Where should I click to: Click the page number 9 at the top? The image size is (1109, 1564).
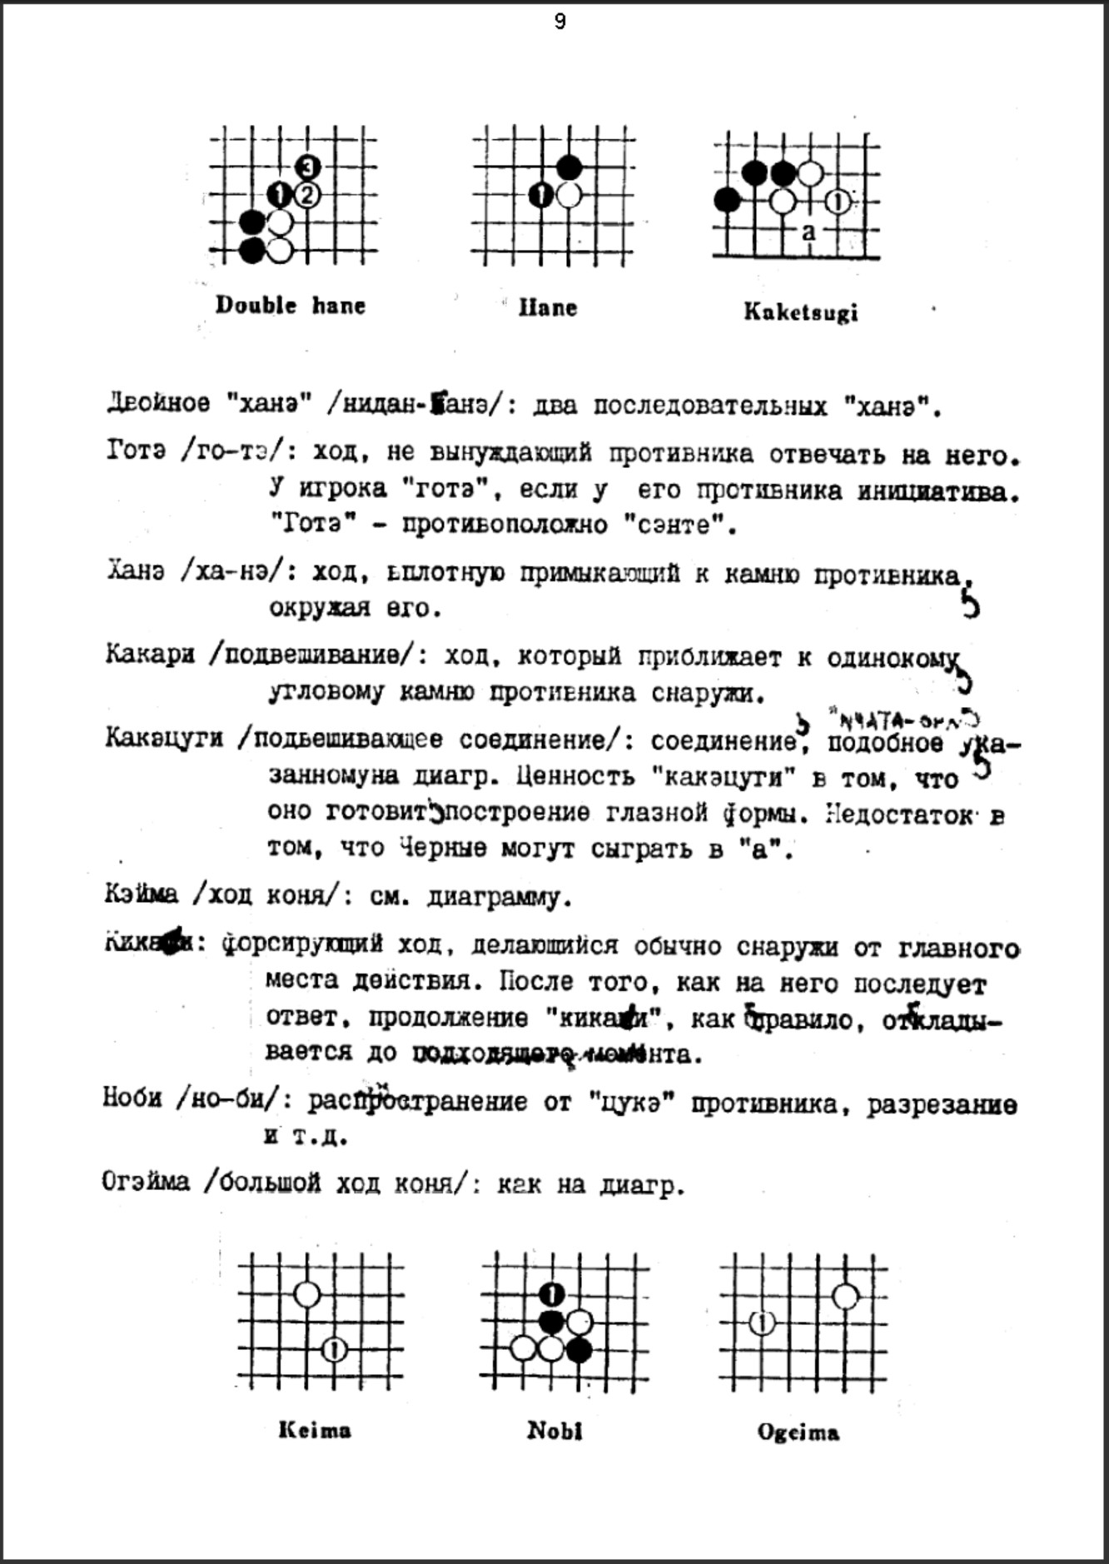coord(559,22)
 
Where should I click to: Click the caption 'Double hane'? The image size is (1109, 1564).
coord(290,306)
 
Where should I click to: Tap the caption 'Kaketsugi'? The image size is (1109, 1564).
coord(800,312)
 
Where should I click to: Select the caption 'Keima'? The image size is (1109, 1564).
coord(315,1431)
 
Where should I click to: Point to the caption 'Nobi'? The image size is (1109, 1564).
coord(554,1431)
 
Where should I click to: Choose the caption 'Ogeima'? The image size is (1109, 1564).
coord(798,1432)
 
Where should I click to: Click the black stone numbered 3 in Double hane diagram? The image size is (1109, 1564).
coord(308,167)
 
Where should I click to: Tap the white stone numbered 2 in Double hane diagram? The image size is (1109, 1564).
coord(307,196)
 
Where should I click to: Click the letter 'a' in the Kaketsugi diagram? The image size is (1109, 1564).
coord(808,232)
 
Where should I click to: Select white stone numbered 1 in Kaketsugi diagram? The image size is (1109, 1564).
coord(838,202)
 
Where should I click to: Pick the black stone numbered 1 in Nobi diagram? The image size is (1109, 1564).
coord(552,1294)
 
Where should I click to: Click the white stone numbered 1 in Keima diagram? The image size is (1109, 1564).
coord(334,1349)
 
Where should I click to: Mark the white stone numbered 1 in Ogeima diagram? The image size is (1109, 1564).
coord(763,1322)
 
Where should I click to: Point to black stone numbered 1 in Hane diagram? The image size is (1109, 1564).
coord(542,196)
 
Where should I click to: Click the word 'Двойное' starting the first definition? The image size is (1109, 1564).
coord(158,404)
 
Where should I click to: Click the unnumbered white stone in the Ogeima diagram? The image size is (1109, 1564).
coord(845,1296)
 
